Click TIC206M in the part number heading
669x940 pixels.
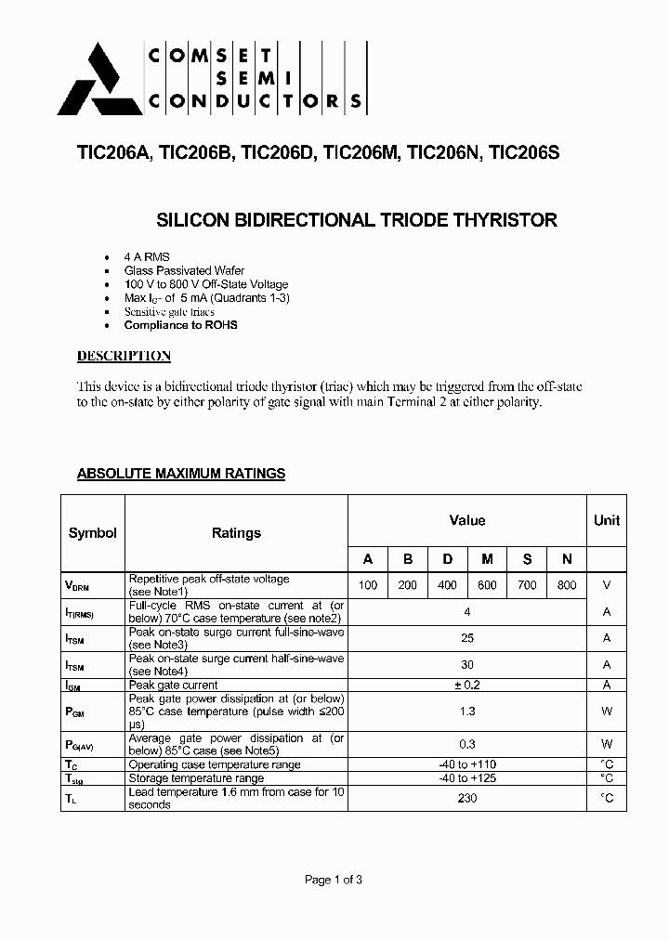(361, 155)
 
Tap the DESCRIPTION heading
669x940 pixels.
(124, 356)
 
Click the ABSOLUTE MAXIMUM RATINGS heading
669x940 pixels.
(180, 474)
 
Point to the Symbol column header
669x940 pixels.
(93, 533)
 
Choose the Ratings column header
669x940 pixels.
(236, 533)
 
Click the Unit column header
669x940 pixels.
(606, 520)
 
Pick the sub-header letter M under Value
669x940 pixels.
(487, 558)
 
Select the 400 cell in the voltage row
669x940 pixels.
(447, 585)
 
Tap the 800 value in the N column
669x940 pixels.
(567, 585)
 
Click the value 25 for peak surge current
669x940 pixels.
(467, 638)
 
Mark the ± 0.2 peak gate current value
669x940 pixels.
(467, 685)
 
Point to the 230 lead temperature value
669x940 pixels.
(467, 798)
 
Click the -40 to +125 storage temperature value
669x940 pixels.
(467, 777)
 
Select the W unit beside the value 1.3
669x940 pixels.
(606, 712)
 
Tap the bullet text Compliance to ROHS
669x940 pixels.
(180, 325)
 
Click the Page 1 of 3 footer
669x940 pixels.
(334, 880)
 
